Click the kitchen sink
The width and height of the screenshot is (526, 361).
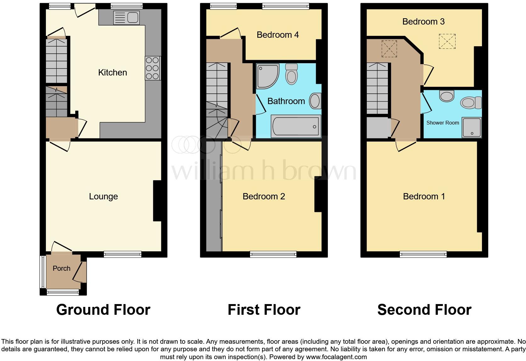point(126,18)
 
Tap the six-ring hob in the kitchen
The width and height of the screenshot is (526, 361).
point(153,68)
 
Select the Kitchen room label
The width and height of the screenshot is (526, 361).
point(112,73)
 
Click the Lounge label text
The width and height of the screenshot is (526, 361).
point(103,197)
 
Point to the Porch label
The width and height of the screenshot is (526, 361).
point(61,268)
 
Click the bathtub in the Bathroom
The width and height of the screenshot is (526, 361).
point(295,126)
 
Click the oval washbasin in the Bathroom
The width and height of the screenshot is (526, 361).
point(315,101)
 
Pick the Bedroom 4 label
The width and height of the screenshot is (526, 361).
point(277,35)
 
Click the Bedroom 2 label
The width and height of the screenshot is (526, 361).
point(264,197)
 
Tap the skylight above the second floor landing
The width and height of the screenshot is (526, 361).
point(389,49)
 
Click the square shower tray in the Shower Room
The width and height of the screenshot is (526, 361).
point(472,128)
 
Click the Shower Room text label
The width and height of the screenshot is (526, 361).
point(442,123)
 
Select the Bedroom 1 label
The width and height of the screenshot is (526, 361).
point(424,197)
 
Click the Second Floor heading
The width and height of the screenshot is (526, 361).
point(424,310)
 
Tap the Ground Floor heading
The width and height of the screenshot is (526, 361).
point(103,310)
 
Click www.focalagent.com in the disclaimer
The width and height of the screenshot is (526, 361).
point(336,357)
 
